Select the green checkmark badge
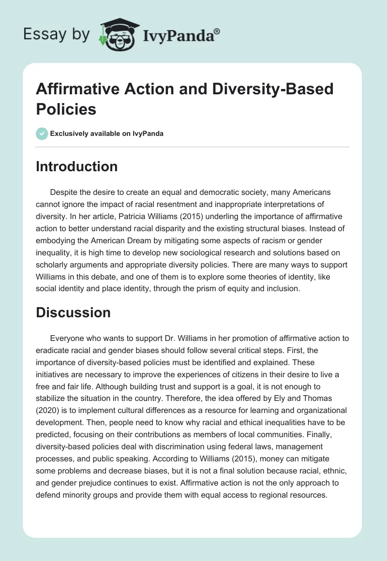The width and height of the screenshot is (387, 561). tap(42, 133)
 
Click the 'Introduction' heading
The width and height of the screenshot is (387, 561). tap(77, 166)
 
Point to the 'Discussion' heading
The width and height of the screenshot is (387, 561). tap(74, 312)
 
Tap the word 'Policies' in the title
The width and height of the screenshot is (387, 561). tap(66, 109)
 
